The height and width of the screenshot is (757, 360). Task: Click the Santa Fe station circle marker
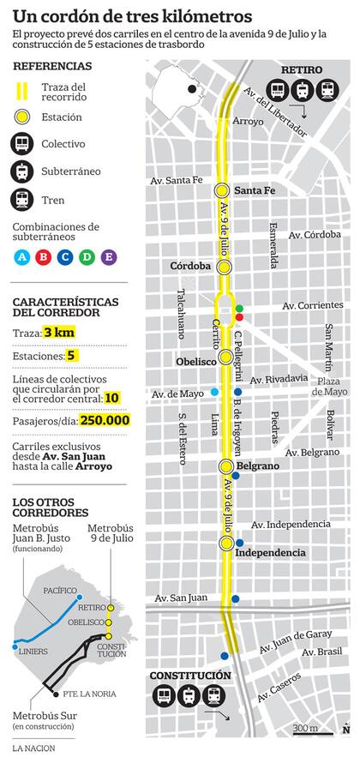tap(221, 190)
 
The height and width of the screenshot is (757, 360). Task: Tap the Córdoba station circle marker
tap(225, 267)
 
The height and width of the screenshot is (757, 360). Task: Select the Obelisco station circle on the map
tap(225, 357)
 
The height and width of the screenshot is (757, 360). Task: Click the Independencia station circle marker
tap(226, 544)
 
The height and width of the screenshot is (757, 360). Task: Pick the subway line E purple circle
tap(109, 256)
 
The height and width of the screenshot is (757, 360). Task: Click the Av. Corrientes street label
tap(317, 305)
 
